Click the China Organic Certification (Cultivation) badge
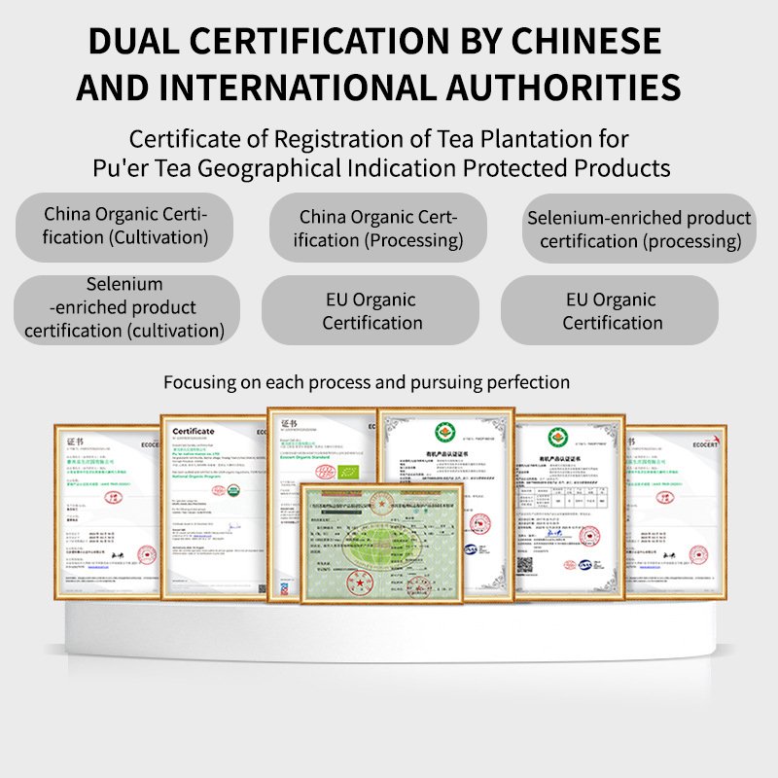tap(125, 225)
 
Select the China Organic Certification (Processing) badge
tap(378, 228)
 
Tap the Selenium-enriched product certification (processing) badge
tap(639, 230)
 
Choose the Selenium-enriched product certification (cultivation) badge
tap(125, 308)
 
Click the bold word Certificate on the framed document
tap(193, 431)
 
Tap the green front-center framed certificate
tap(381, 541)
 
